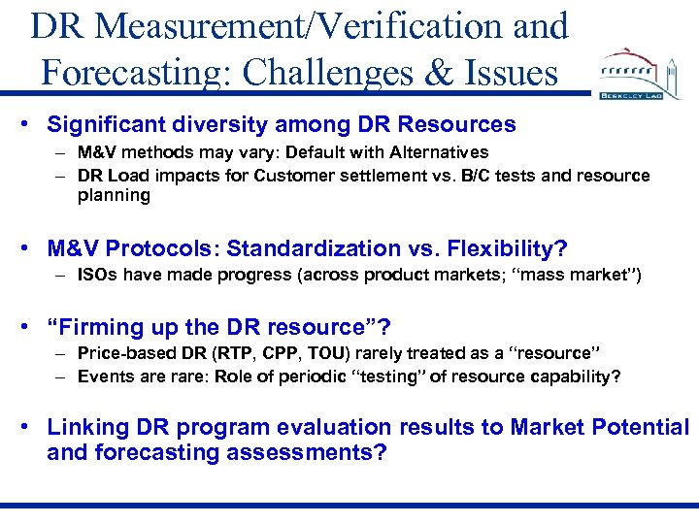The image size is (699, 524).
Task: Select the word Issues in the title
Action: click(512, 72)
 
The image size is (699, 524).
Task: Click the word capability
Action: click(572, 377)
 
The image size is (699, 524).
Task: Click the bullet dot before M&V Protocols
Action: click(32, 247)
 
